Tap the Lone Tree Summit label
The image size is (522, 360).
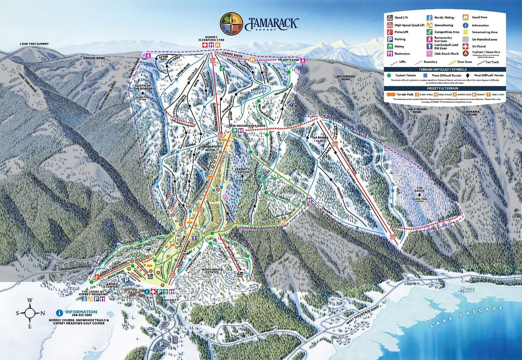(34, 44)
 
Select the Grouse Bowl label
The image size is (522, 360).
(94, 59)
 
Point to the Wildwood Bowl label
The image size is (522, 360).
(346, 78)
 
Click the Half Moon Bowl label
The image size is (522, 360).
(417, 110)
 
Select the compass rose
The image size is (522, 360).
(30, 313)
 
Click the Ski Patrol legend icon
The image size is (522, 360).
(465, 47)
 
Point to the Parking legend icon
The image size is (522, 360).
(390, 39)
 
